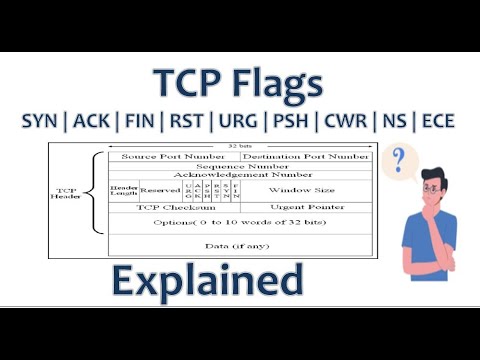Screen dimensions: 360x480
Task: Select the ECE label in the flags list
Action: click(436, 122)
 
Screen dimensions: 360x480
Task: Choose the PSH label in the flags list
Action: click(289, 122)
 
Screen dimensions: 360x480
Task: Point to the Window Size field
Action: click(304, 190)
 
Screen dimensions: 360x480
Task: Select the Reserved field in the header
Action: click(160, 190)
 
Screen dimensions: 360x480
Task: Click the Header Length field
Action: click(124, 190)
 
